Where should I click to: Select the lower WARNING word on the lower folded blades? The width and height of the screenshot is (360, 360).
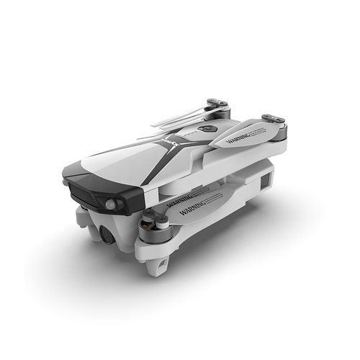181,210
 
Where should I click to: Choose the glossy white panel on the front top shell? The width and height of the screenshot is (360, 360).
115,166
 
